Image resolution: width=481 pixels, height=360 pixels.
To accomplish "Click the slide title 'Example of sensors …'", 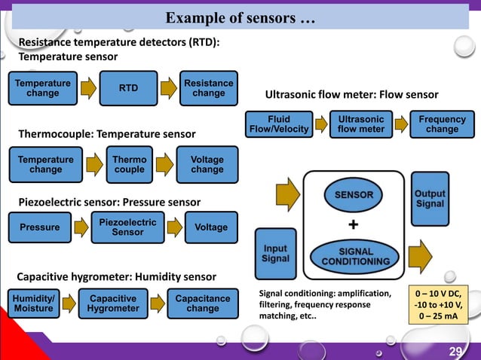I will click(x=240, y=17).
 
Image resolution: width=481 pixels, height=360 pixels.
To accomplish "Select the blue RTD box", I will click(x=128, y=88).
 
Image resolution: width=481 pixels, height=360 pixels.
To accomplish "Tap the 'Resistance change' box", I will click(x=208, y=88).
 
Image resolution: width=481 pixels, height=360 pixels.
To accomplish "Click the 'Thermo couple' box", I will click(x=129, y=164).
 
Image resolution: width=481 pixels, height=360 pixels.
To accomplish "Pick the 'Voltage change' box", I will click(x=207, y=164).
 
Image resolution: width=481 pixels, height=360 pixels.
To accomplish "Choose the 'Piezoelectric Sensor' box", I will click(x=127, y=227).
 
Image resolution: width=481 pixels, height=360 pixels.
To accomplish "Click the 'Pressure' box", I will click(x=40, y=227).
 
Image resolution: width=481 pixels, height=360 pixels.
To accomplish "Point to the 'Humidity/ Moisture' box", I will click(x=33, y=304).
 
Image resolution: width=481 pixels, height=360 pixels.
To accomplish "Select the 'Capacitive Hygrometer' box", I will click(x=113, y=304).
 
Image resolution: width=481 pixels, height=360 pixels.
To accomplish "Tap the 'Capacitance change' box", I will click(x=202, y=304).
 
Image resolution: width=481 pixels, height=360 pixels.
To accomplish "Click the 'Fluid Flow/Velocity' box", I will click(x=279, y=124).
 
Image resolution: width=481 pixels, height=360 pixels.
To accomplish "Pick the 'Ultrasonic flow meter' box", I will click(x=361, y=124).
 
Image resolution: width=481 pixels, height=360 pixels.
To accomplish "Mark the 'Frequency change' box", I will click(x=442, y=124).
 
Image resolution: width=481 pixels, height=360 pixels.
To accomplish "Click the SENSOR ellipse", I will click(x=354, y=194).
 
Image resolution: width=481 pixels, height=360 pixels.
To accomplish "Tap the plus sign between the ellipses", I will click(x=354, y=225).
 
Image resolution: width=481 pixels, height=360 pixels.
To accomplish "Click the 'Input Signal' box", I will click(x=275, y=253).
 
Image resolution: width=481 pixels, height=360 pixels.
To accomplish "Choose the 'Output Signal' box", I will click(x=430, y=199).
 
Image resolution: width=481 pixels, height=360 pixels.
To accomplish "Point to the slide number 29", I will click(x=455, y=352).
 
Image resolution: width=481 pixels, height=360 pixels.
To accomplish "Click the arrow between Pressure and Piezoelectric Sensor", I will click(x=81, y=227).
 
